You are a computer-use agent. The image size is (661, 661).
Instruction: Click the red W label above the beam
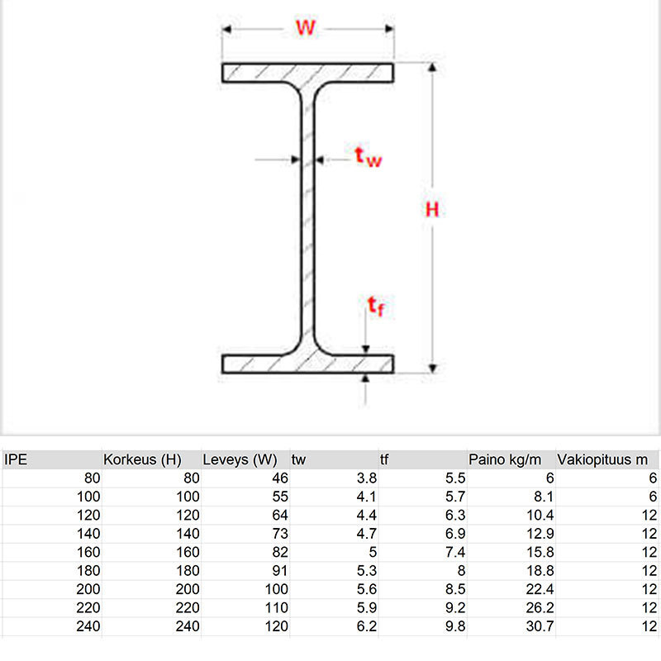click(x=306, y=28)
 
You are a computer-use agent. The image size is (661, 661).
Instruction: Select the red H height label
click(x=432, y=210)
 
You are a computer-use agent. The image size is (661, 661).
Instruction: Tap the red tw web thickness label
click(x=368, y=157)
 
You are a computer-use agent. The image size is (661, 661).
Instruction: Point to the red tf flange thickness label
click(x=376, y=306)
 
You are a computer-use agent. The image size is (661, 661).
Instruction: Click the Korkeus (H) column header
click(x=142, y=459)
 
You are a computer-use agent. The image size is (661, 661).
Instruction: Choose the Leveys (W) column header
click(x=240, y=459)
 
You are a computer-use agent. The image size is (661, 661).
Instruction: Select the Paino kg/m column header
click(x=505, y=459)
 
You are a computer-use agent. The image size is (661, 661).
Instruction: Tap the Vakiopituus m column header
click(x=602, y=459)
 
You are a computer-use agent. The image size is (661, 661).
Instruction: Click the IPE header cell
click(x=16, y=459)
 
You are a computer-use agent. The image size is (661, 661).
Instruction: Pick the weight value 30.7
click(x=540, y=626)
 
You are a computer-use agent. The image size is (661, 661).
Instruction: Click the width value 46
click(x=280, y=478)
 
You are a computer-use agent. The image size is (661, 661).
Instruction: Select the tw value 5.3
click(x=367, y=570)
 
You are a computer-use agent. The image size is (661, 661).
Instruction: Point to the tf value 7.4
click(x=455, y=552)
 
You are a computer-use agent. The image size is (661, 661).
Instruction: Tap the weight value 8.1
click(x=544, y=497)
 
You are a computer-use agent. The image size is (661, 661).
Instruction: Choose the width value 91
click(x=280, y=570)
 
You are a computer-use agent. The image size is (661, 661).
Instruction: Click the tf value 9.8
click(x=455, y=626)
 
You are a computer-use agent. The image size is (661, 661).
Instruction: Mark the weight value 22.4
click(x=540, y=589)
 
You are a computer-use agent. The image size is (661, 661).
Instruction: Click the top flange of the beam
click(x=307, y=73)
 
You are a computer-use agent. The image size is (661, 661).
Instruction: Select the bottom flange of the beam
click(x=307, y=364)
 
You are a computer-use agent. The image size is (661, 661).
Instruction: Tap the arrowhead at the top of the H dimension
click(x=432, y=67)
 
